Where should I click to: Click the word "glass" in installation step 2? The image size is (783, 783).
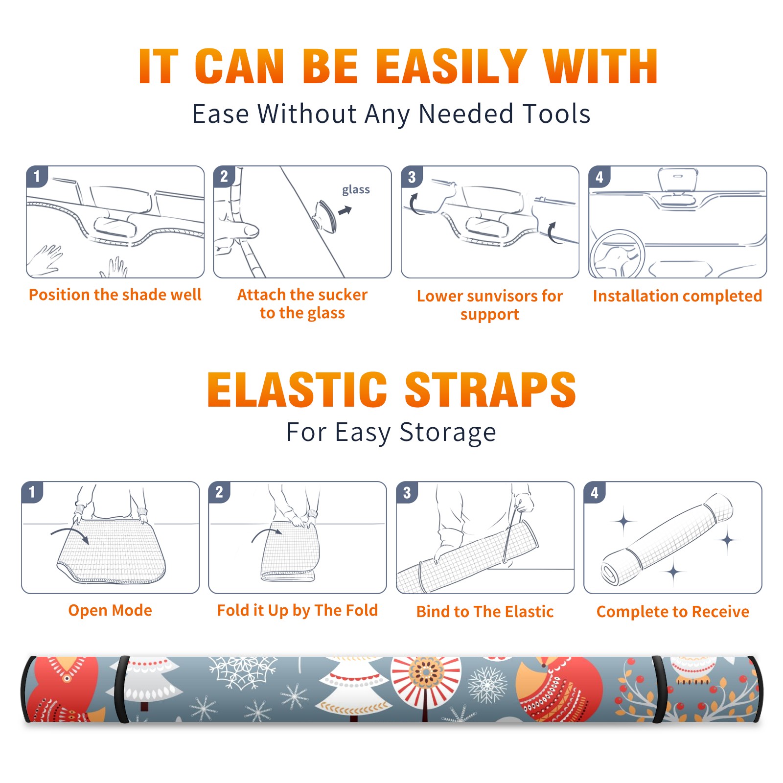pos(356,190)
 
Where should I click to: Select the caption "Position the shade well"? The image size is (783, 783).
pos(115,295)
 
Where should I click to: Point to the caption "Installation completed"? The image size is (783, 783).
pos(677,296)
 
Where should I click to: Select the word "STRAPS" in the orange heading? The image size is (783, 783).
pos(490,390)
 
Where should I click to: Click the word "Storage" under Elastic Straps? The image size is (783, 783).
pos(448,433)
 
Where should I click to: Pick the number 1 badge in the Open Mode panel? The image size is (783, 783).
pos(32,492)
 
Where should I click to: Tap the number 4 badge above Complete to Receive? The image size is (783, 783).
pos(595,492)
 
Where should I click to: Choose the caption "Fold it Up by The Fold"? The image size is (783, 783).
pos(298,610)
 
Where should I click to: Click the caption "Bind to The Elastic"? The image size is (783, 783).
pos(485,612)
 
